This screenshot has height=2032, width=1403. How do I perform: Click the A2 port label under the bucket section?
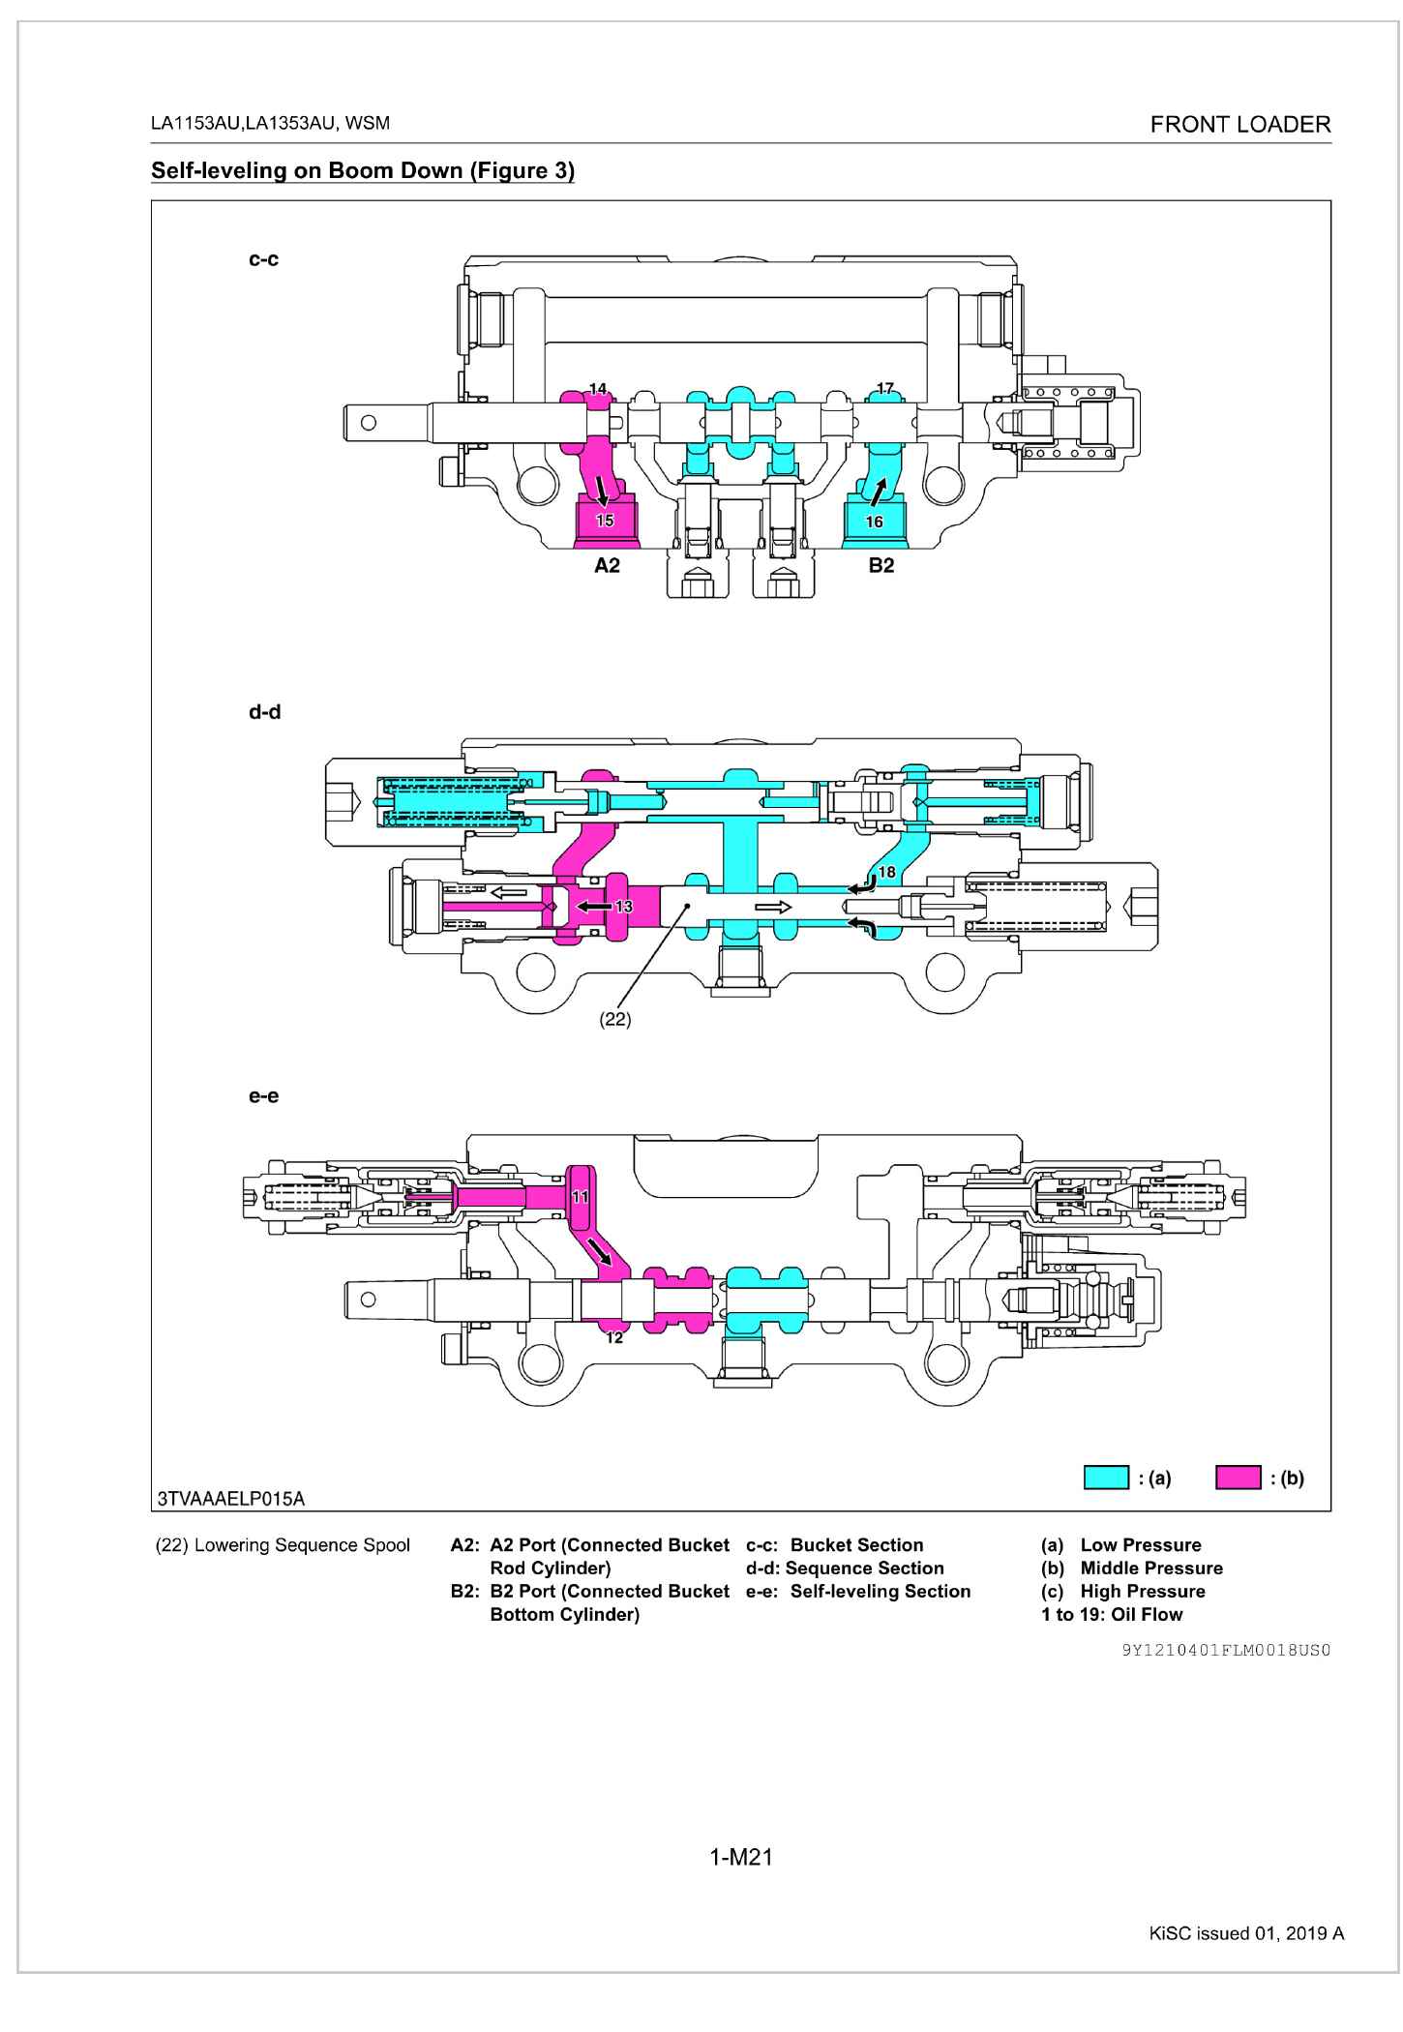pos(607,566)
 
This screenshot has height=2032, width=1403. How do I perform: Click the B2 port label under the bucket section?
pos(881,566)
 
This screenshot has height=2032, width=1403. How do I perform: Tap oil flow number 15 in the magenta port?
pos(605,521)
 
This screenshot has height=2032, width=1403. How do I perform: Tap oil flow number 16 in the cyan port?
pos(874,522)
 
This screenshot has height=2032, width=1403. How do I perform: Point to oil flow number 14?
pos(598,389)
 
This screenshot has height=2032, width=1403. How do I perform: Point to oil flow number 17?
pos(885,389)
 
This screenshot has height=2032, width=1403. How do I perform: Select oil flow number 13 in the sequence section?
pos(624,907)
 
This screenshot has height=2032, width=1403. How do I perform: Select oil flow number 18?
pos(886,872)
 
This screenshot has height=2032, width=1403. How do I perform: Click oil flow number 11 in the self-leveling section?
pos(581,1196)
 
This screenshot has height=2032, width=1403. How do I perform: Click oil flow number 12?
pos(614,1338)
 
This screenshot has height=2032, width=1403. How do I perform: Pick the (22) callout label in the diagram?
pos(615,1019)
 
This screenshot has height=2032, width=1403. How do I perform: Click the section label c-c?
pos(264,259)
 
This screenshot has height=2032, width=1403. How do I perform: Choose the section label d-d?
pos(264,712)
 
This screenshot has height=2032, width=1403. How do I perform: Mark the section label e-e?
pos(264,1096)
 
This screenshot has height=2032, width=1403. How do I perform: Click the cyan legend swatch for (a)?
pos(1106,1478)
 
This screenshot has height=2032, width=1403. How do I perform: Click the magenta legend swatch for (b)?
pos(1239,1478)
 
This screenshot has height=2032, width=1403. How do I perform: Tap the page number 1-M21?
pos(741,1857)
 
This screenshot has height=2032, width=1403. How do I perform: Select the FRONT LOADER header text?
pos(1240,125)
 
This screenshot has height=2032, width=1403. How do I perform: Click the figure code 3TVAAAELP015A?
pos(230,1499)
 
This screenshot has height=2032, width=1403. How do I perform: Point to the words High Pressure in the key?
pos(1143,1591)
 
